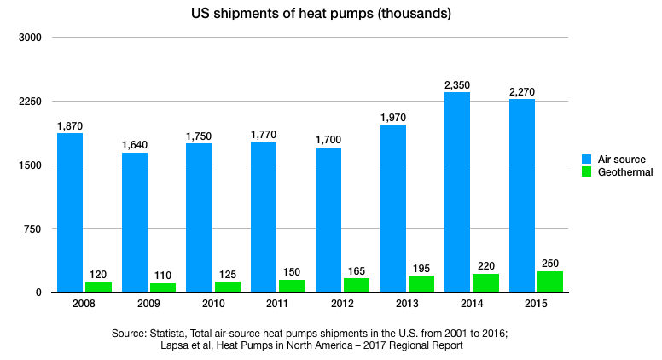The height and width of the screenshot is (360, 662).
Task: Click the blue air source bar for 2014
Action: click(x=457, y=192)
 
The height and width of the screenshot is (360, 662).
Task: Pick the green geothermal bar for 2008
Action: click(x=98, y=287)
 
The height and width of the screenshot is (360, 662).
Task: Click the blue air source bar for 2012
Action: click(x=328, y=219)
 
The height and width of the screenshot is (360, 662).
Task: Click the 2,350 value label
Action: click(x=457, y=85)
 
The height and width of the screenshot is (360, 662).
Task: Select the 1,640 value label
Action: click(x=135, y=146)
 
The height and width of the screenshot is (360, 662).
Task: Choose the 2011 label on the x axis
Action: click(x=277, y=303)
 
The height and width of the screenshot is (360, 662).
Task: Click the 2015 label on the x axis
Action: click(x=536, y=303)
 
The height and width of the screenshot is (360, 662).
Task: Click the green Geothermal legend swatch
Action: click(x=587, y=172)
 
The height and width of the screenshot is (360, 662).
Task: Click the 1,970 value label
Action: click(x=392, y=118)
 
